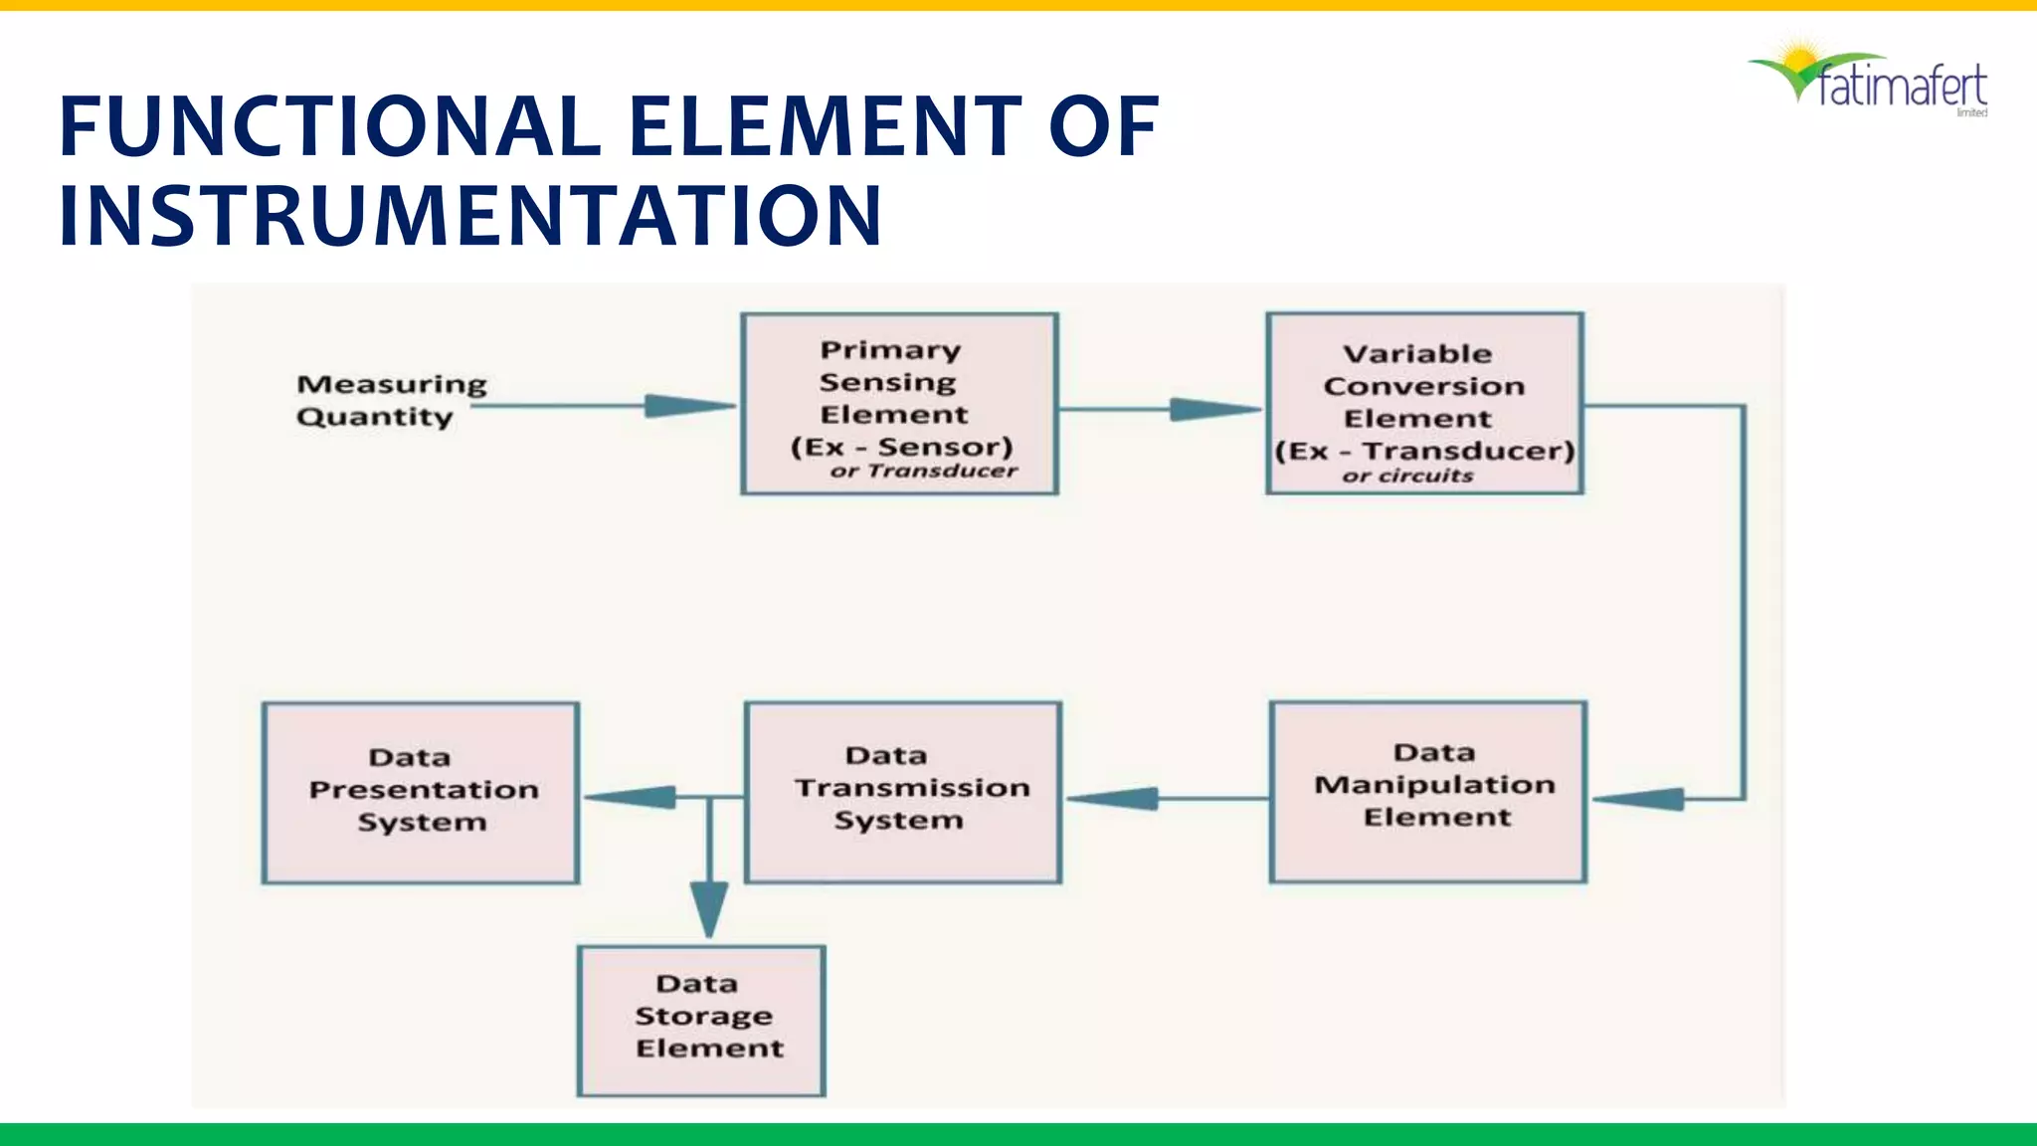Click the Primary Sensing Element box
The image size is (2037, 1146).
pos(899,403)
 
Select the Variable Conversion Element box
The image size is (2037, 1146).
pos(1424,403)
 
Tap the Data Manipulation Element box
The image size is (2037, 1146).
pos(1428,792)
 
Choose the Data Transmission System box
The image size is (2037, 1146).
pos(903,792)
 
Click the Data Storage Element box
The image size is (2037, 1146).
pos(701,1021)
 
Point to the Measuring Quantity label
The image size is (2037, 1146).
pos(390,400)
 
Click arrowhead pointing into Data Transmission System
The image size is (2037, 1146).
pos(1114,798)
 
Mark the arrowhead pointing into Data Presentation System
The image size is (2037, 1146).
pos(631,797)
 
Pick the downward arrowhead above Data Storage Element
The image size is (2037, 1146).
pos(709,907)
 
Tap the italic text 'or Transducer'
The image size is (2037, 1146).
pos(924,472)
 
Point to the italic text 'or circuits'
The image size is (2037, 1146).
pos(1407,477)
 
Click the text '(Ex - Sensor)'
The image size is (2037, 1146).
pos(901,448)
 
